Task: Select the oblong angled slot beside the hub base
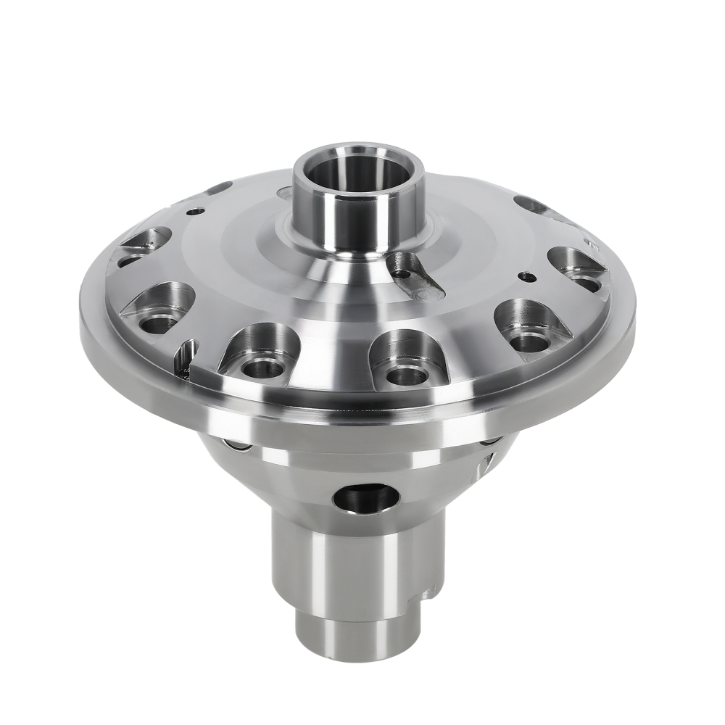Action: (419, 279)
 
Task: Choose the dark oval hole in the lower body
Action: (366, 498)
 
